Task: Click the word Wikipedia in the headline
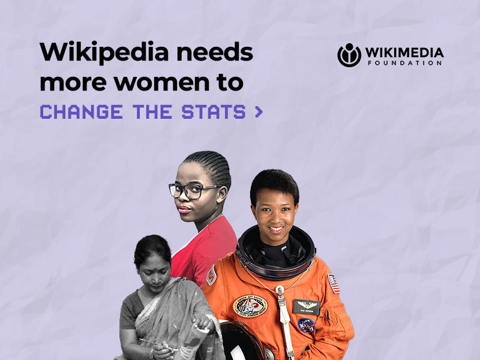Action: pos(104,53)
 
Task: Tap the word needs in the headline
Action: pos(215,52)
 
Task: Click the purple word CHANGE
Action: pos(82,112)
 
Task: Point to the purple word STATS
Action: pos(214,112)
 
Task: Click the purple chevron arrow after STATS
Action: pos(259,112)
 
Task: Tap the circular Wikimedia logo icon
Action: pos(349,55)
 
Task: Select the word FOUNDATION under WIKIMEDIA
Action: pos(404,63)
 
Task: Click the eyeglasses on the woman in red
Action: pos(192,190)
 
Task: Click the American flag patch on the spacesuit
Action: pos(334,284)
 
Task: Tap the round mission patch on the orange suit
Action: pos(250,306)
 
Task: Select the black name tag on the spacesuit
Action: pos(307,307)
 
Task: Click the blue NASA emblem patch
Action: pos(307,326)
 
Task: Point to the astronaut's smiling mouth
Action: pos(276,229)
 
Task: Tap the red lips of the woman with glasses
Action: pos(184,209)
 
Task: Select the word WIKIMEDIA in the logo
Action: pos(404,52)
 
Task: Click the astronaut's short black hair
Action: pos(274,184)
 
